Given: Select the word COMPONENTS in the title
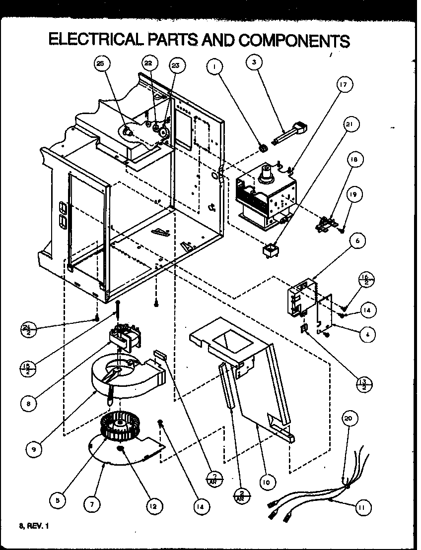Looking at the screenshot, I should (294, 40).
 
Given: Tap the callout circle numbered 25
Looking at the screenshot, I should (101, 64).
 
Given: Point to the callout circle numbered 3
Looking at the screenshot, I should (254, 62).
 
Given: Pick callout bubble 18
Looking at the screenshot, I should (354, 160).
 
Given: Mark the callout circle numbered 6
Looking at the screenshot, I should (357, 242).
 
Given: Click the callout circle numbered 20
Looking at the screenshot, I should (350, 419).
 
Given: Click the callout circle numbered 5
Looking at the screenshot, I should (59, 501).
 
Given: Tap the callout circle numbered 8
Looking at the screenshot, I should (29, 403).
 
